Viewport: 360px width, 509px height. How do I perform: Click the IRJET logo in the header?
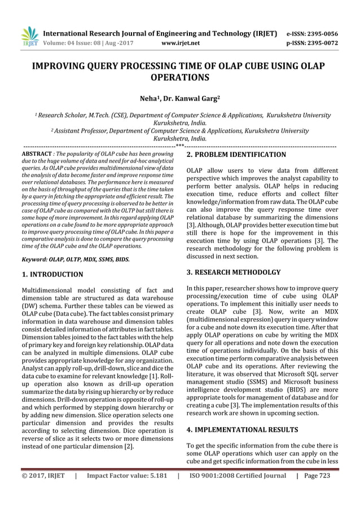29,36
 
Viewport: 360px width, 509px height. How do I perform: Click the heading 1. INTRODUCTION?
52,275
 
